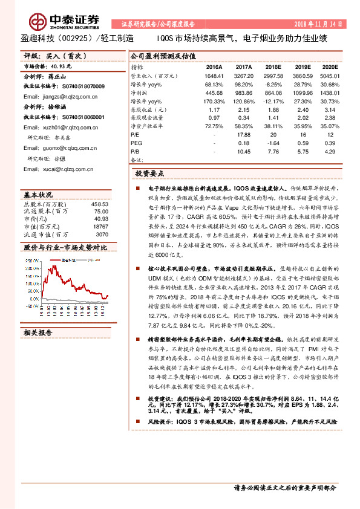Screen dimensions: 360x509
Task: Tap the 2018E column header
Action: (x=273, y=68)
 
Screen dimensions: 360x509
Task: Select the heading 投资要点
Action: (x=148, y=173)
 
